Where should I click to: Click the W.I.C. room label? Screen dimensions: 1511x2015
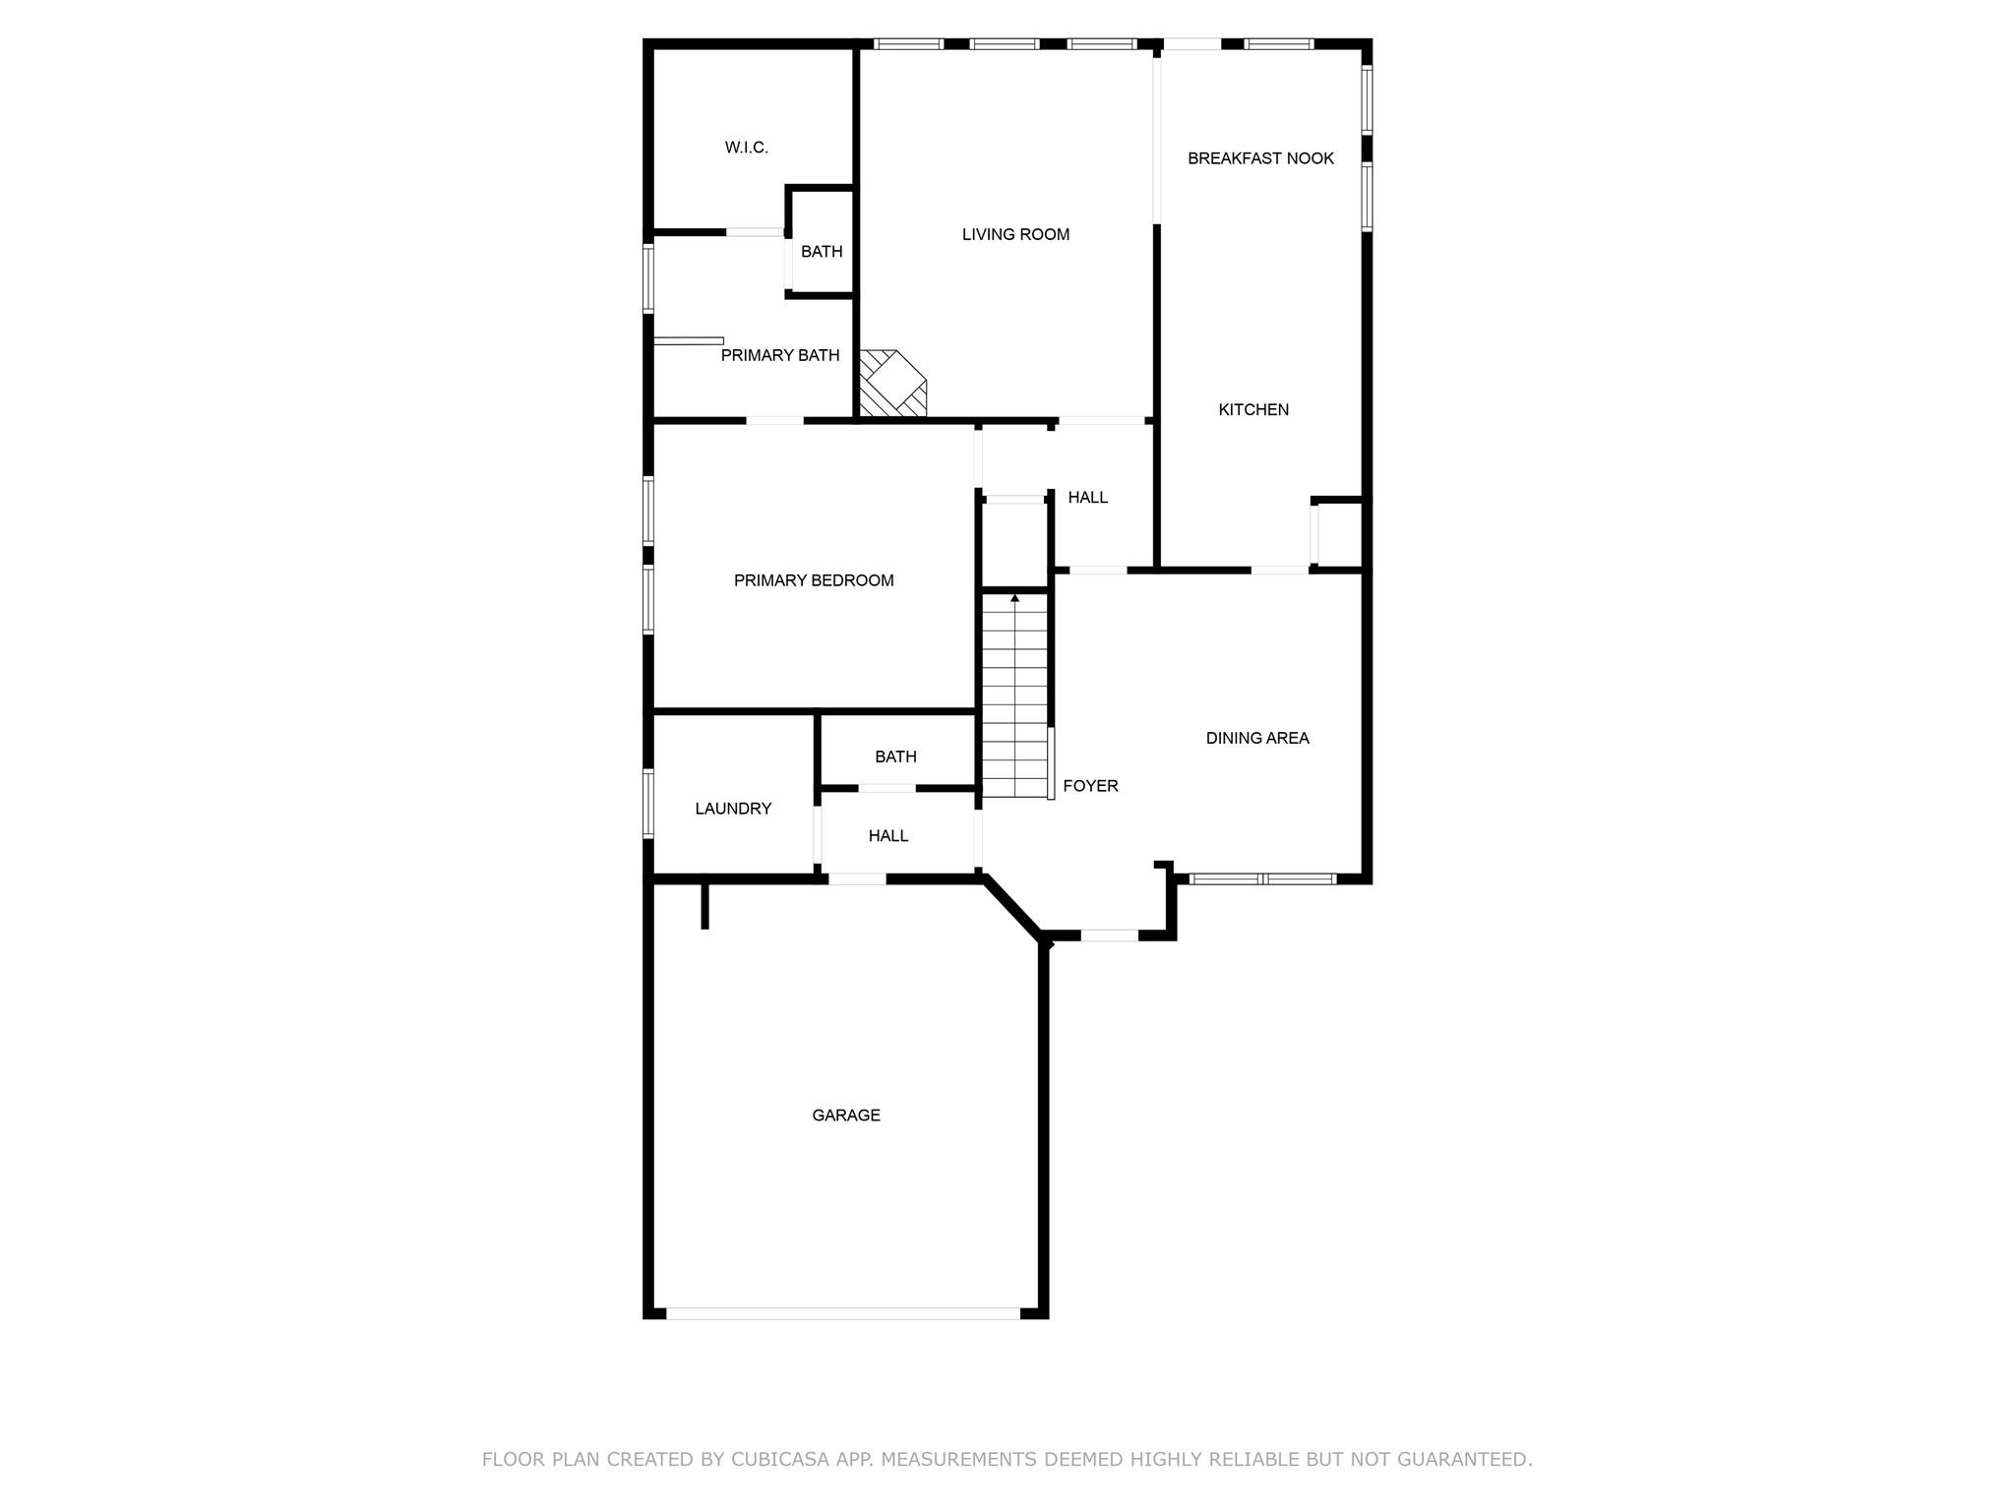(x=746, y=148)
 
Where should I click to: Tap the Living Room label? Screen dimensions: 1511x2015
(x=1015, y=234)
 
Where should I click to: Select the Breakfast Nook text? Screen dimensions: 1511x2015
(x=1260, y=158)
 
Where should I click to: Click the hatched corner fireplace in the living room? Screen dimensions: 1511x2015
(x=888, y=385)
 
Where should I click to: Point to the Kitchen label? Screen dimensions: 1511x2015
(x=1252, y=409)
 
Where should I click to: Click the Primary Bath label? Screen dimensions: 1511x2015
(x=779, y=355)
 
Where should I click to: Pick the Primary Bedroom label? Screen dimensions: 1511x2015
(x=814, y=580)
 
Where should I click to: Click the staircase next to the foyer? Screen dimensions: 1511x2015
(x=1014, y=698)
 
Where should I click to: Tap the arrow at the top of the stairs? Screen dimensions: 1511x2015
(x=1014, y=598)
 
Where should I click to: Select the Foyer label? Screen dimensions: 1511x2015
(x=1090, y=786)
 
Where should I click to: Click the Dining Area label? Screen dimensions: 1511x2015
(x=1257, y=738)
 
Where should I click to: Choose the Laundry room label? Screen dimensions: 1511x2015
(x=733, y=809)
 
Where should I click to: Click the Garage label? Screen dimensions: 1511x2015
(x=846, y=1115)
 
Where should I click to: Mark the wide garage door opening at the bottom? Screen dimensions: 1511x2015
(x=843, y=1312)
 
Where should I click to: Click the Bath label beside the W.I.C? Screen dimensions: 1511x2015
(x=822, y=252)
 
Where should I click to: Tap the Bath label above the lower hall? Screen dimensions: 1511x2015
(x=895, y=756)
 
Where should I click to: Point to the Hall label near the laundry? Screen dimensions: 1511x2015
(x=887, y=835)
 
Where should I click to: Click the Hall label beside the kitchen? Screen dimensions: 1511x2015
(x=1087, y=498)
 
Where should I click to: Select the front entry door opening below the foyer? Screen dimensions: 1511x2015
(x=1109, y=936)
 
